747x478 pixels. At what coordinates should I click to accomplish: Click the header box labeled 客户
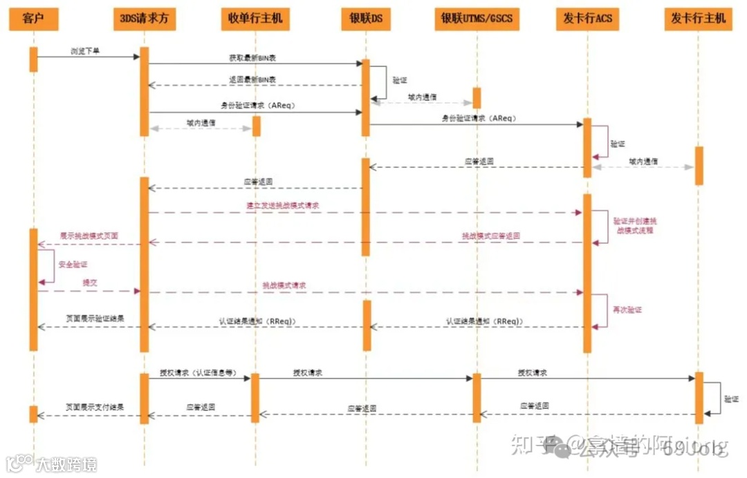point(33,18)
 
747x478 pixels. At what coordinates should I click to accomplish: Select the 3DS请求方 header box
point(144,18)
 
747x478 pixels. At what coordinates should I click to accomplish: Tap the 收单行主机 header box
point(255,18)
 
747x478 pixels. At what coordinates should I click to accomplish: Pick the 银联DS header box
point(365,18)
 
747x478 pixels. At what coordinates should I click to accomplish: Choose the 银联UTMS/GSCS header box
point(477,18)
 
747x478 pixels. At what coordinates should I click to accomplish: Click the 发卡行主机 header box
point(698,18)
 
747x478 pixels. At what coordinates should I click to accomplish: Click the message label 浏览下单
point(85,51)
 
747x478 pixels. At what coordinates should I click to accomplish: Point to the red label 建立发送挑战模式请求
point(283,206)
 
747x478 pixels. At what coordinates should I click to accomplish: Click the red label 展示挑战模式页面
point(89,236)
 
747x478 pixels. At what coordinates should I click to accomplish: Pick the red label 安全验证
point(73,264)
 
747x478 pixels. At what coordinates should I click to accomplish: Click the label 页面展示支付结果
point(95,408)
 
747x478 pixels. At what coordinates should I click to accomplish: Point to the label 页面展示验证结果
point(95,318)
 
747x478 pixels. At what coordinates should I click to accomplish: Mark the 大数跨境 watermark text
point(66,463)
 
